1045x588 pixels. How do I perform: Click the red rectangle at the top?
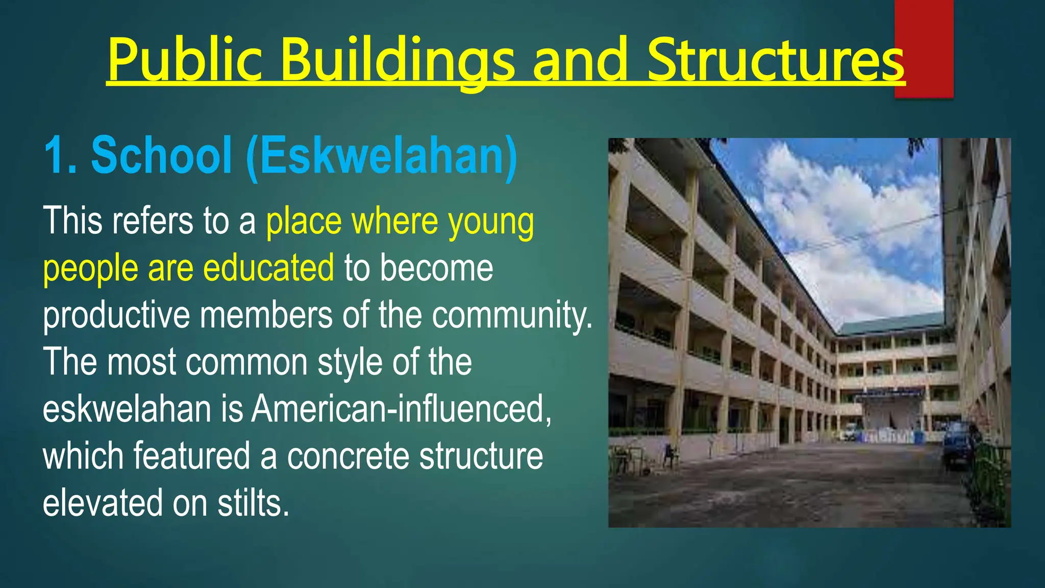click(x=924, y=31)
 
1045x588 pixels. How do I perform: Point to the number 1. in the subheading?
click(x=60, y=155)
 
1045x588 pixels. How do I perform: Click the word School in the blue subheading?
click(x=161, y=155)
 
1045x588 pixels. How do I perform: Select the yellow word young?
click(x=491, y=223)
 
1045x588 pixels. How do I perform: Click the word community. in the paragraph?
click(x=512, y=315)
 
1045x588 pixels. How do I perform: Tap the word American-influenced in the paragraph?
click(x=401, y=409)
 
